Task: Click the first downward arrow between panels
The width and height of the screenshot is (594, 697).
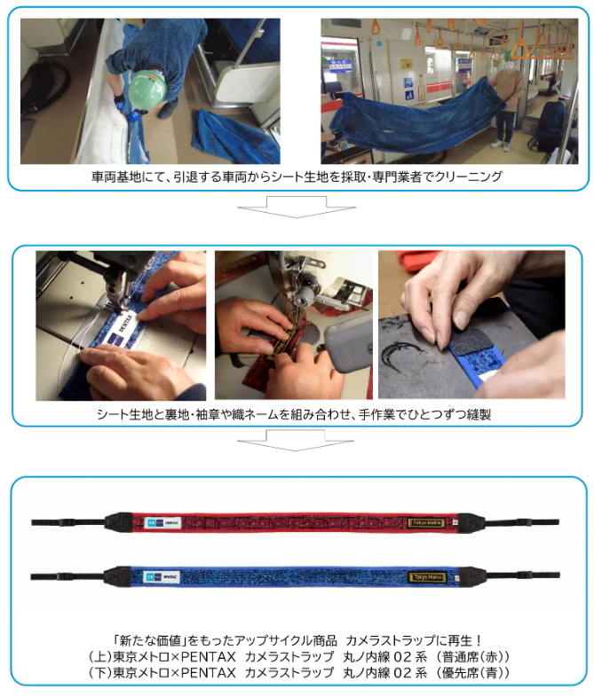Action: tap(297, 207)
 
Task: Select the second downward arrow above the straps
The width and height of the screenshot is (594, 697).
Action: tap(296, 440)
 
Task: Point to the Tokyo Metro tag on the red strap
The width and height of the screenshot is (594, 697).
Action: tap(426, 523)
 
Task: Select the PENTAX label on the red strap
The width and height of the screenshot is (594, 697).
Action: tap(163, 523)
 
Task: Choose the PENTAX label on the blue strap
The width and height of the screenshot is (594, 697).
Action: tap(161, 577)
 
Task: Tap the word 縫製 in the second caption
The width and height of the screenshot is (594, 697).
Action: tap(479, 414)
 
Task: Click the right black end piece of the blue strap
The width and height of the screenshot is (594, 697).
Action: tap(471, 576)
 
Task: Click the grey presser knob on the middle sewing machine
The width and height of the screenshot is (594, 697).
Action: tap(302, 295)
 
